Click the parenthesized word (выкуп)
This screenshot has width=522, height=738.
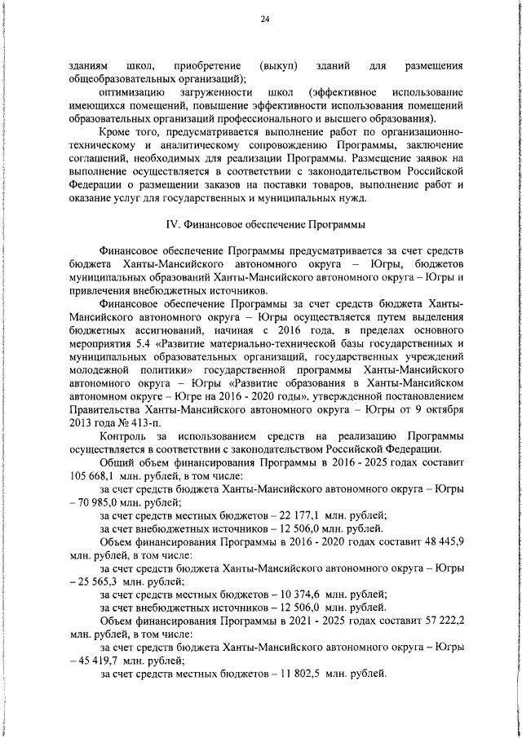[x=277, y=64]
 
